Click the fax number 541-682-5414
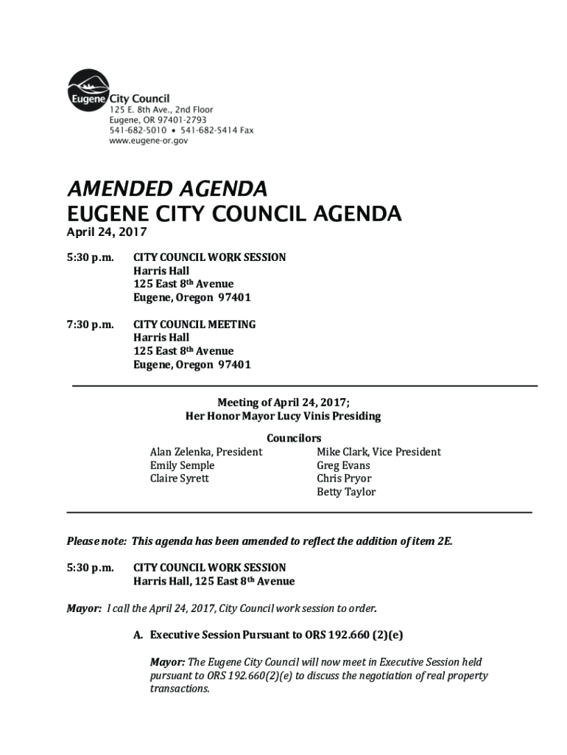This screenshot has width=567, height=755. (x=208, y=130)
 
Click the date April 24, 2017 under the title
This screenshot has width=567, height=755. (x=107, y=232)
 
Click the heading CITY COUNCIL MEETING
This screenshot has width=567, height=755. (x=194, y=324)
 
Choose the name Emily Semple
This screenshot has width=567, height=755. (x=182, y=465)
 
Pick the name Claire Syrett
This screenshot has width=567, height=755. (x=179, y=479)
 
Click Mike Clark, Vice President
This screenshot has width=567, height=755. (x=378, y=452)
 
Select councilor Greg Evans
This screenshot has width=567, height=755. (x=343, y=465)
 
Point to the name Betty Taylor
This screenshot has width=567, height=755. (x=346, y=492)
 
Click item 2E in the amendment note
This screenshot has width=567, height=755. (x=443, y=541)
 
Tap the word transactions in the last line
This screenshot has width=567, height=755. (x=180, y=689)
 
